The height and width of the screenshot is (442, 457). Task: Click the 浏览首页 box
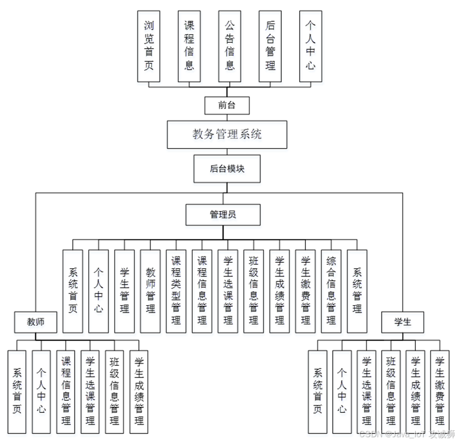[148, 46]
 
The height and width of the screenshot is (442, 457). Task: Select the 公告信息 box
[230, 46]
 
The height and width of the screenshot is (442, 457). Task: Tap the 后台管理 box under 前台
[270, 46]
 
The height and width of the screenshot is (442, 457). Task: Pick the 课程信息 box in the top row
[189, 46]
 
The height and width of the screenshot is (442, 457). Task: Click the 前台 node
[227, 105]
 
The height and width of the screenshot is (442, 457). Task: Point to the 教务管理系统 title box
[227, 134]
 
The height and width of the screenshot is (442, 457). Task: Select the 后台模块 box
[227, 169]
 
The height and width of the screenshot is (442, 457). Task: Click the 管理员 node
[223, 214]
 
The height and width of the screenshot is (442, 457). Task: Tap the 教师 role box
[36, 321]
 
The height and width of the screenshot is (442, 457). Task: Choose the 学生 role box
[403, 322]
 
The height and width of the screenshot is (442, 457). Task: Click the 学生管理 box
[125, 291]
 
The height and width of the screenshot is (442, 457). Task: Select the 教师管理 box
[151, 291]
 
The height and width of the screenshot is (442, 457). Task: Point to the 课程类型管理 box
[176, 291]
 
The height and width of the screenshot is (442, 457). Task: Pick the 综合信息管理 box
[331, 291]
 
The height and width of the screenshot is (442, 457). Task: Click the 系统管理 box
[357, 291]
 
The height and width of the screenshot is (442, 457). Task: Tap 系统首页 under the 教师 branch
[17, 392]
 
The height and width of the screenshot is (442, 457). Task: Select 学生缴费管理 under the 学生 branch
[440, 392]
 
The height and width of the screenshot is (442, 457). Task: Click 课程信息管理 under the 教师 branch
[66, 392]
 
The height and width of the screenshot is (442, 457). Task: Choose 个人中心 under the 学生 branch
[342, 392]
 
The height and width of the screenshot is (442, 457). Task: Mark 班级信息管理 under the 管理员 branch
[254, 291]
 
